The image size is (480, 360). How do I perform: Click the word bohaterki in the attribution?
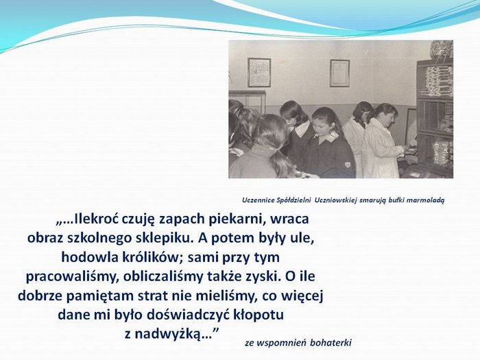click(x=331, y=343)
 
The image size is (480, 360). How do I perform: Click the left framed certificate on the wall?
click(x=259, y=73)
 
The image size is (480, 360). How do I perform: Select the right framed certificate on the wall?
click(x=339, y=73)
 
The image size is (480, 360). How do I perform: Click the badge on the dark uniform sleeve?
click(x=348, y=165)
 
